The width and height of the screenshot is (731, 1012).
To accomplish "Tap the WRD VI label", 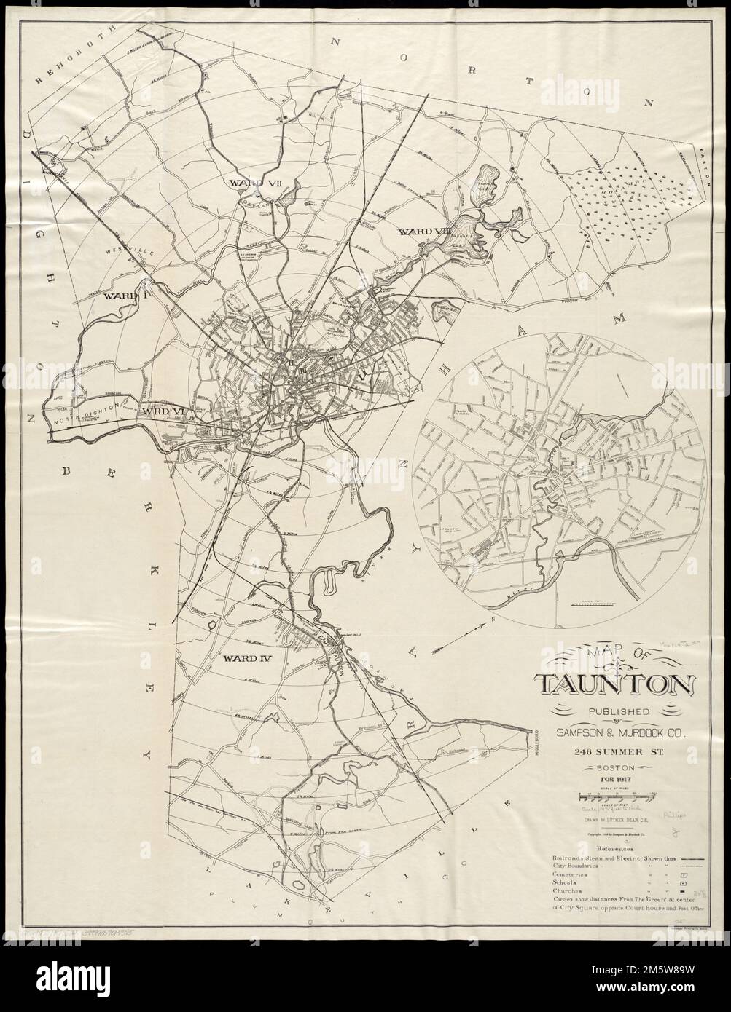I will tap(165, 411).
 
